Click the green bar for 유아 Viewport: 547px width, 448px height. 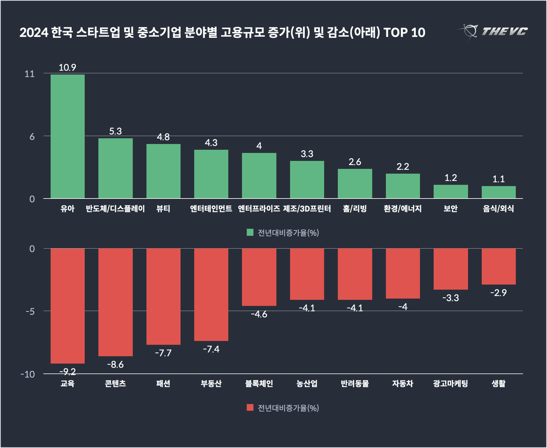point(67,136)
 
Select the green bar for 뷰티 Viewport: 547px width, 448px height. point(163,171)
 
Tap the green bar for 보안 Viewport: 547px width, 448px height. point(451,192)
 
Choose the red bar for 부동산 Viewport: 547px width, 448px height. point(211,295)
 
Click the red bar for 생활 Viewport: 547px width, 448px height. point(498,266)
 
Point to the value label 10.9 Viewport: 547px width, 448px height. point(67,67)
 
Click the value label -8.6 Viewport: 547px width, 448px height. point(115,364)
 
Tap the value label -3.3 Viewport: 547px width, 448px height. point(451,298)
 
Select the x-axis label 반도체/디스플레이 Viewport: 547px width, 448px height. point(115,209)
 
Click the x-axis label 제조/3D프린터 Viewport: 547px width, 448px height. point(307,209)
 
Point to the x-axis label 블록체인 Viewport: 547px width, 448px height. point(259,384)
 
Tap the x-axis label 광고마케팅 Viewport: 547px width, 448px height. point(451,384)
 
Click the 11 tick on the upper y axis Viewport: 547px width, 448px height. point(30,74)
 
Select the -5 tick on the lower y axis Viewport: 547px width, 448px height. point(30,311)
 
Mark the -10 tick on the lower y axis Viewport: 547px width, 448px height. point(28,374)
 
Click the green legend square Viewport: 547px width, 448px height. point(250,232)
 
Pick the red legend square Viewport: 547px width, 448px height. point(250,408)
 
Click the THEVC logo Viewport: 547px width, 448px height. point(493,32)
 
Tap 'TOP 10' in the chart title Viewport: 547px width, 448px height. point(404,32)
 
